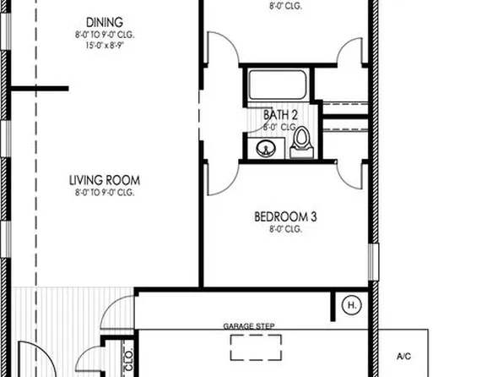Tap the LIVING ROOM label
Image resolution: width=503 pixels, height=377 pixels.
point(104,180)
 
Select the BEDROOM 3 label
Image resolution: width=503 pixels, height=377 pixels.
point(285,216)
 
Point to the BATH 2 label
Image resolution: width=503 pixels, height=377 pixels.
point(281,113)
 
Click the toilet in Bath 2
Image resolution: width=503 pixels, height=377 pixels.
point(301,143)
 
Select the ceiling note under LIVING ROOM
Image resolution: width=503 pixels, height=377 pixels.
point(104,193)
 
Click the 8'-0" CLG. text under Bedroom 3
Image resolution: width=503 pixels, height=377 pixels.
point(285,229)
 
